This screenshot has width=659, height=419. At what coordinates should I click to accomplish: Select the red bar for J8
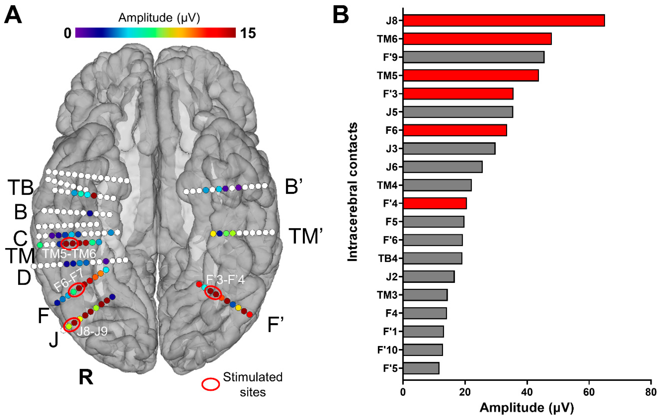(503, 21)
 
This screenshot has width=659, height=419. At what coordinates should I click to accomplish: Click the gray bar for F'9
(473, 57)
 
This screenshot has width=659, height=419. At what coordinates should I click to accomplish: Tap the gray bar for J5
(458, 112)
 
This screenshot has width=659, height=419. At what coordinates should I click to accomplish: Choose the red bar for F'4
(435, 203)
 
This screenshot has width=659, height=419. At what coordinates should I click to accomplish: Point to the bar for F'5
(421, 368)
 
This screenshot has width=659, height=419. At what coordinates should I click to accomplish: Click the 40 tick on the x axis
(527, 392)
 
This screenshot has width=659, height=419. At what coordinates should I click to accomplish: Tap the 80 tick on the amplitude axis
(651, 392)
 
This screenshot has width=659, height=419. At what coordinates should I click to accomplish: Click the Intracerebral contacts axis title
(353, 192)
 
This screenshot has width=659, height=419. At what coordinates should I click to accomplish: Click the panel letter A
(13, 16)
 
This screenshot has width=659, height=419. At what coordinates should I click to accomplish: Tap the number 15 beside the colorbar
(248, 33)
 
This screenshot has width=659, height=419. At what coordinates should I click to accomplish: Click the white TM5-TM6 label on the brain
(69, 254)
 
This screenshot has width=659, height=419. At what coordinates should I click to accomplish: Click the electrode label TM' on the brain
(306, 236)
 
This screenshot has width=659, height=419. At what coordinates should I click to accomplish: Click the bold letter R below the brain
(86, 378)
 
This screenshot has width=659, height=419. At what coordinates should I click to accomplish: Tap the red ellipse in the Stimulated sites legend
(210, 384)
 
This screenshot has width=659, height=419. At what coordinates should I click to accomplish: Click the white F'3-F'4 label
(225, 280)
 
